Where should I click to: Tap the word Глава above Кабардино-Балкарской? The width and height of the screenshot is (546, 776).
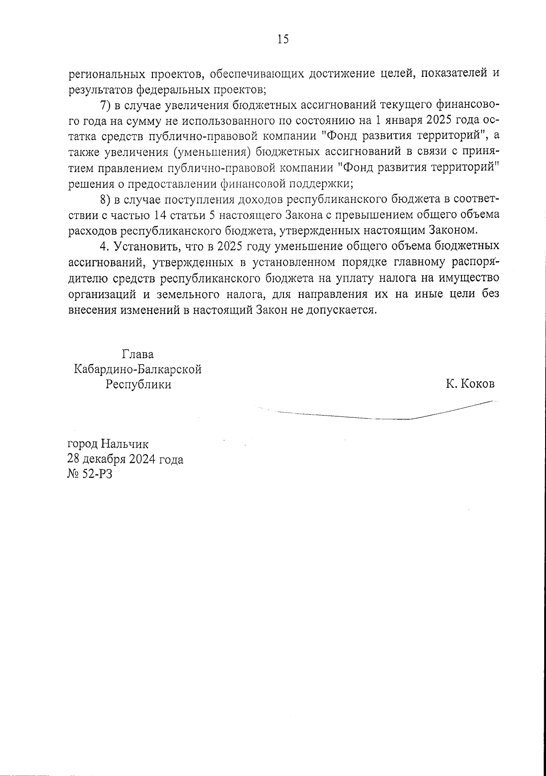[138, 354]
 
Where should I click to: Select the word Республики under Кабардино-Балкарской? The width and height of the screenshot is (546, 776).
[138, 385]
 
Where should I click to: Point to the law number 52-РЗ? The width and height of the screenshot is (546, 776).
[95, 475]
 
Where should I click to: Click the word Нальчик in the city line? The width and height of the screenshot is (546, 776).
[125, 443]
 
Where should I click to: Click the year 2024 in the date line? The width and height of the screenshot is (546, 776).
[142, 459]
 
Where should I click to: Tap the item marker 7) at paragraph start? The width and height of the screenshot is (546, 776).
[106, 106]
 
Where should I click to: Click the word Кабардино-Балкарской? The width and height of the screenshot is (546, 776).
[138, 369]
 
